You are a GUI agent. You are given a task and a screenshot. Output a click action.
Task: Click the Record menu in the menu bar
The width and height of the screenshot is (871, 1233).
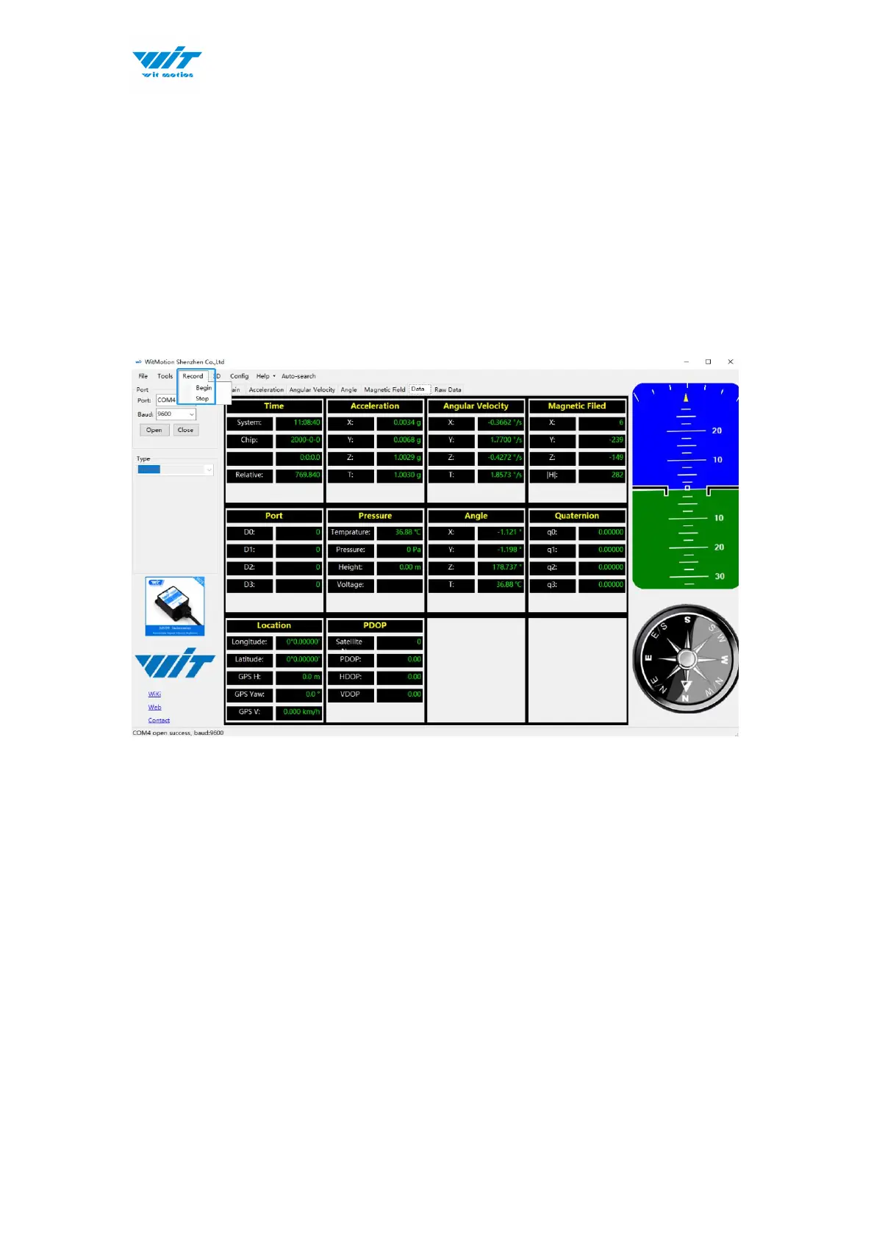click(x=193, y=376)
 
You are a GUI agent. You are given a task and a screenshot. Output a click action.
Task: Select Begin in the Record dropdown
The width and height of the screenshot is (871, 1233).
click(x=204, y=388)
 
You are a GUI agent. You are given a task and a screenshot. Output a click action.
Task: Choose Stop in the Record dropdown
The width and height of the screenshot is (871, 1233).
click(x=202, y=399)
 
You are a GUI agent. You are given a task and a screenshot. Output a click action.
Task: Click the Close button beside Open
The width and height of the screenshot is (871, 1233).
click(x=185, y=431)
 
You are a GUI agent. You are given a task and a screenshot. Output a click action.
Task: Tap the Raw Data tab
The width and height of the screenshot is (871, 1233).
click(x=448, y=390)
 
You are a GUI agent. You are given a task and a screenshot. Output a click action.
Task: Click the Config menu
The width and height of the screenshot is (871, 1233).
click(x=239, y=376)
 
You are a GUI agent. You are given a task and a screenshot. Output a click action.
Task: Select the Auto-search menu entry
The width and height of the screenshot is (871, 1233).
click(x=298, y=376)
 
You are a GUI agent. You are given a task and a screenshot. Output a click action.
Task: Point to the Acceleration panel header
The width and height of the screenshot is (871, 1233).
click(x=375, y=406)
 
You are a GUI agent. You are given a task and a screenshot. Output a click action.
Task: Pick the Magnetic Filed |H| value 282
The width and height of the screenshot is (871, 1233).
click(x=602, y=475)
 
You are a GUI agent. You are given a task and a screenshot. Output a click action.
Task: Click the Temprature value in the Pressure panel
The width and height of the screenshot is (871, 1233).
click(x=400, y=533)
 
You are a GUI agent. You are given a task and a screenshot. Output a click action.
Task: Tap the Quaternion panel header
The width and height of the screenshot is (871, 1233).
click(x=577, y=516)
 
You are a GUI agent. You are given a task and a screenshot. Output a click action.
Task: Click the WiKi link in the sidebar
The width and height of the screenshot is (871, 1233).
click(x=154, y=694)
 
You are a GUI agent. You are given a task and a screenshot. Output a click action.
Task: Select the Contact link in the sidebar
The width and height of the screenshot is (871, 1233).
click(x=159, y=721)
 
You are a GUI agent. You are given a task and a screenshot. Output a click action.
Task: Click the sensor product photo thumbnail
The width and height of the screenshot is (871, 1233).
click(x=175, y=606)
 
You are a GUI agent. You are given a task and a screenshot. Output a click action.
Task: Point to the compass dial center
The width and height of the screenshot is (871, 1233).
click(x=686, y=658)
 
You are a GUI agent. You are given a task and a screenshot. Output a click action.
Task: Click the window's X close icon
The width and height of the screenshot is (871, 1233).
click(x=730, y=362)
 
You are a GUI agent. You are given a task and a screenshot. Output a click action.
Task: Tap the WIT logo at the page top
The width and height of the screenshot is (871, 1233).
click(x=167, y=63)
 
